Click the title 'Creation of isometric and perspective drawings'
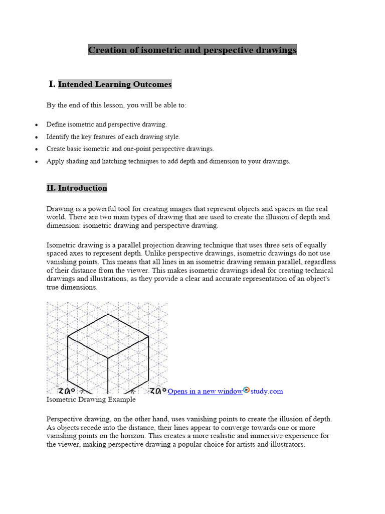[x=192, y=50]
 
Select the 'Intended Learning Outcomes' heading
[x=115, y=84]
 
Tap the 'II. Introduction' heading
[x=77, y=188]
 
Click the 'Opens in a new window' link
[x=205, y=391]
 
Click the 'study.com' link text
[x=267, y=391]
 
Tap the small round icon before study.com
[x=246, y=390]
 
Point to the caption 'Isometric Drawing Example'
[x=91, y=400]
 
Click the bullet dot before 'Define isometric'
[x=37, y=124]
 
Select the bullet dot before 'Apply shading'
[x=37, y=162]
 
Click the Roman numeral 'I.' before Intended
[x=52, y=84]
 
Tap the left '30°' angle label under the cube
[x=67, y=391]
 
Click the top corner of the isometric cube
[x=108, y=314]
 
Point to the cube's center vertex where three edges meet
[x=108, y=358]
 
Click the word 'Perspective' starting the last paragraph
[x=64, y=419]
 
